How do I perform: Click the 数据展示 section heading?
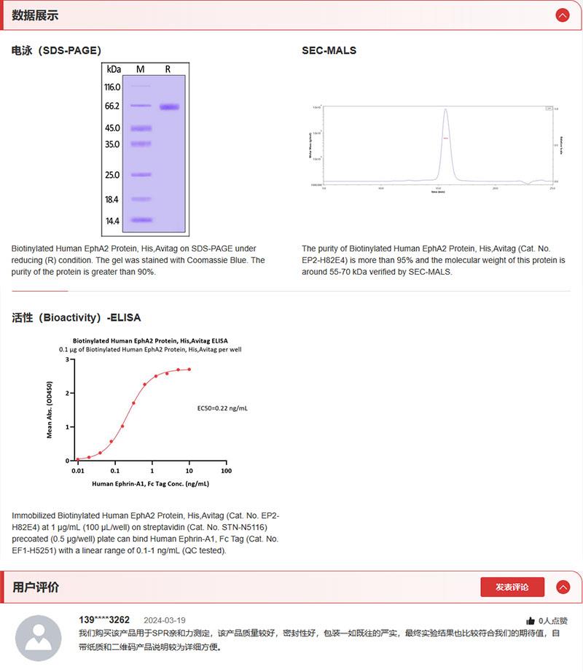pos(35,15)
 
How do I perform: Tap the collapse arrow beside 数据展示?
pos(562,15)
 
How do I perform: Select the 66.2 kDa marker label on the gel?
pos(112,106)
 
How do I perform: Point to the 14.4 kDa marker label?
pos(112,220)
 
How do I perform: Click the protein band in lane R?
pos(168,107)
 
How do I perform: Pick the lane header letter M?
pos(141,69)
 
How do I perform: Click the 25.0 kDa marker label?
pos(112,175)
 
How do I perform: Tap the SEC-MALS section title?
pos(329,50)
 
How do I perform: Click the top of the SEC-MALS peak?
pos(445,110)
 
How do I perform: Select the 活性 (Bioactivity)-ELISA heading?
pos(77,318)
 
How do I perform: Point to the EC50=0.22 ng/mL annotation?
pos(222,408)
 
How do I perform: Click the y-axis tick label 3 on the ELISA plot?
pos(67,359)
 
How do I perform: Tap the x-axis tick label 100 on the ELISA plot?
pos(225,471)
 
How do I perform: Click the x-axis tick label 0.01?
pos(78,471)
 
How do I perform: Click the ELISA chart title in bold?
pos(150,340)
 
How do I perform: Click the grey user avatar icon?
pos(39,638)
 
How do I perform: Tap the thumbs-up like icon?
pos(531,621)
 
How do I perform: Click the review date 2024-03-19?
pos(165,620)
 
